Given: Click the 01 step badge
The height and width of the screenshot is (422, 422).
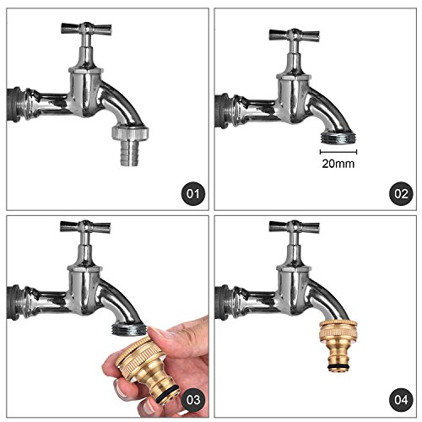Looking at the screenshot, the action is [x=192, y=194].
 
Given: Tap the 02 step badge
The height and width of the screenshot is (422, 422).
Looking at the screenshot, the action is [x=401, y=194].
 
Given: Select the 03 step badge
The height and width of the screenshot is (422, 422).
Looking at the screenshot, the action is [x=192, y=400].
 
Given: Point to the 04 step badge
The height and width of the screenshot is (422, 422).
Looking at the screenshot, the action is [x=401, y=400].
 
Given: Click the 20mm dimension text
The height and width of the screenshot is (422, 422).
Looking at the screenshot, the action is [x=338, y=164].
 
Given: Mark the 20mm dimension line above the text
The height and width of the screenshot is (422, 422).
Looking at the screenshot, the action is [x=338, y=152].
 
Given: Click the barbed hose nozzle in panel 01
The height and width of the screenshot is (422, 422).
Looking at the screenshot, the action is [x=129, y=154].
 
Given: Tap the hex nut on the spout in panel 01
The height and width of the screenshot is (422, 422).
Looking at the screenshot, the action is [x=130, y=133].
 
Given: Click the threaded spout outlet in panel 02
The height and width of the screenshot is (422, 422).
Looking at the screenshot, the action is [x=338, y=138].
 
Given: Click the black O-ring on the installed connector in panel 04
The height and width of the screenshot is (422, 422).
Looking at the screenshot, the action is [x=338, y=367].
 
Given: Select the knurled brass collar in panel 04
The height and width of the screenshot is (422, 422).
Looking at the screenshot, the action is [x=338, y=330].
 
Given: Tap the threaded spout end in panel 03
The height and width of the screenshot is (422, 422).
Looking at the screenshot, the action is [x=129, y=329].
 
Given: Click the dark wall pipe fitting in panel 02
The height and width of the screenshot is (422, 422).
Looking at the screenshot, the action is [x=223, y=111].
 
